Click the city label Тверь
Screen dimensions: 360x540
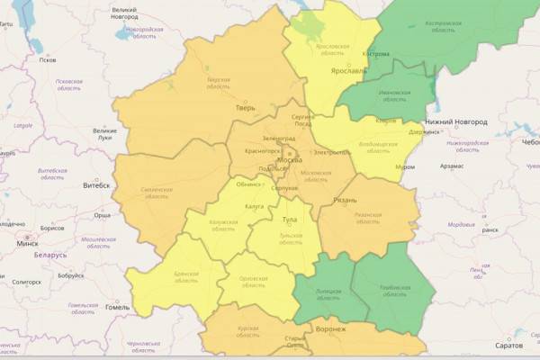click(246, 108)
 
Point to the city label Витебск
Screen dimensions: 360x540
click(96, 185)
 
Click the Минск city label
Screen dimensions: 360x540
click(26, 244)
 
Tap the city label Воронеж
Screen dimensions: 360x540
click(331, 329)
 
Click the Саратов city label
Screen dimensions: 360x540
click(508, 346)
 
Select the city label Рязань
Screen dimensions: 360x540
click(345, 200)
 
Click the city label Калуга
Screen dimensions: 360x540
click(253, 206)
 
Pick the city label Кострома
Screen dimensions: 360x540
click(375, 54)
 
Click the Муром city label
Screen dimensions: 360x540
click(404, 168)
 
